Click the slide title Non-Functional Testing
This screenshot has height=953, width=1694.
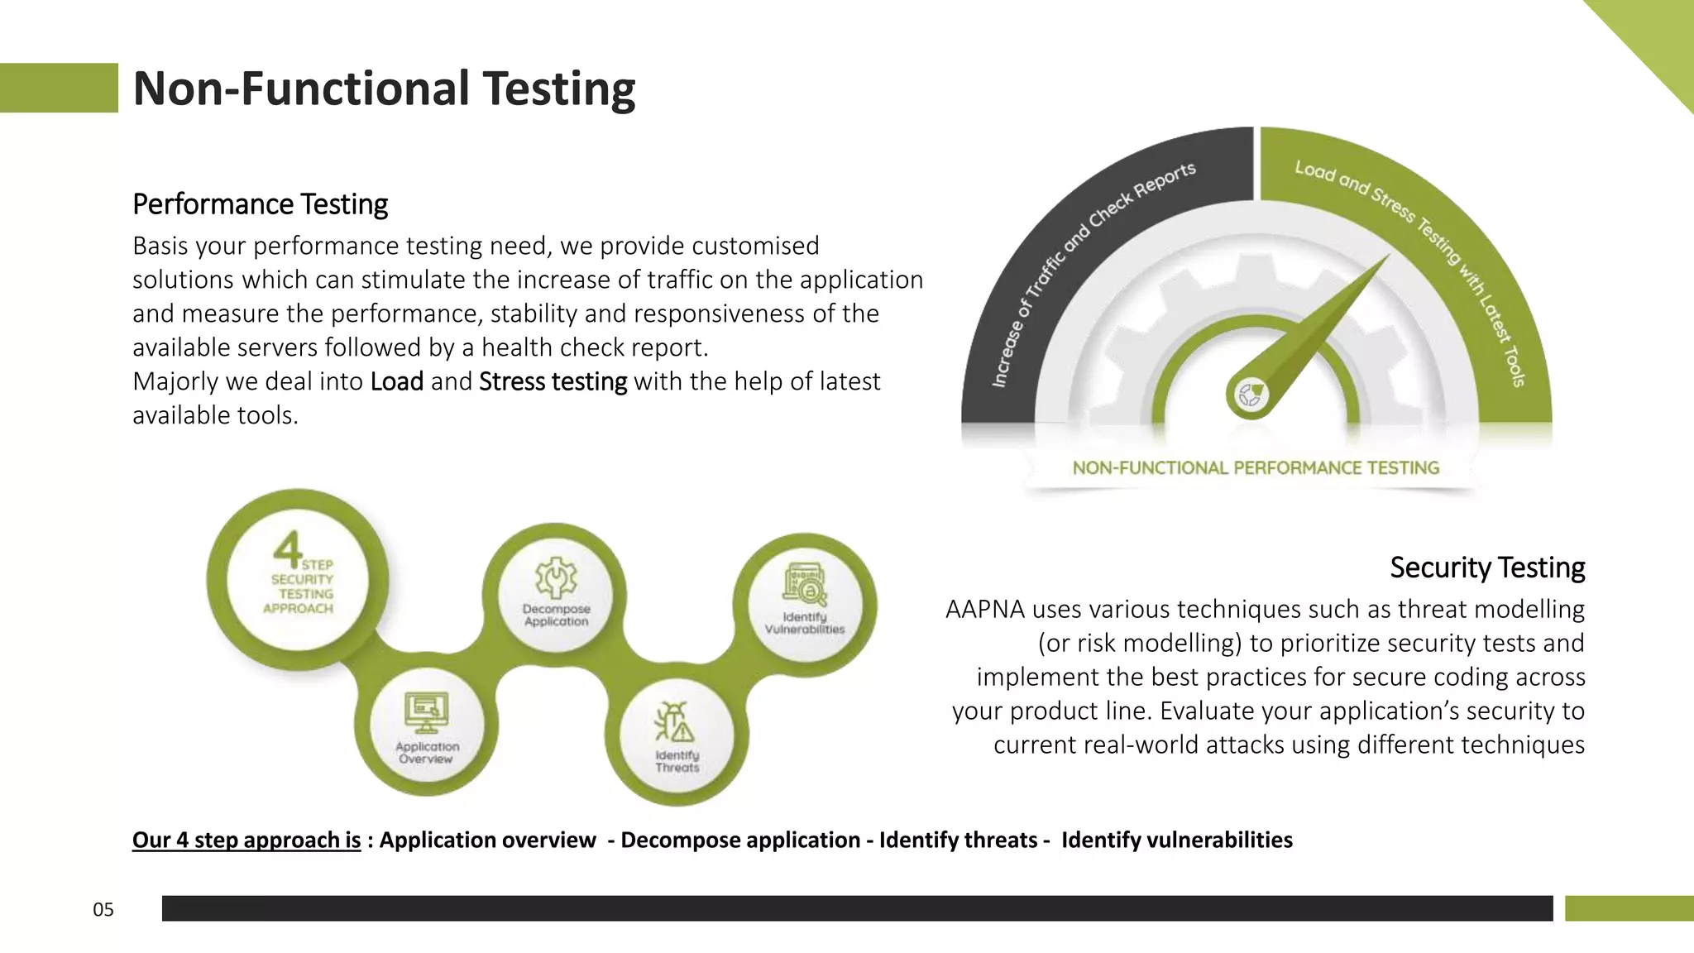384,89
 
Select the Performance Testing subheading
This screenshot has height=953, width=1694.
260,204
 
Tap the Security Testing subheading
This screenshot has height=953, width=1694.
1486,567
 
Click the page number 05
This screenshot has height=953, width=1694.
103,910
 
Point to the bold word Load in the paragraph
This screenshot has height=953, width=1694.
397,381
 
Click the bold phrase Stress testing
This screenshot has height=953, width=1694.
553,381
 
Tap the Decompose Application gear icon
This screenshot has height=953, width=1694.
556,577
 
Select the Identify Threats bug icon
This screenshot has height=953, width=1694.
675,723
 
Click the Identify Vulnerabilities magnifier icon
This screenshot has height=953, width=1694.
805,585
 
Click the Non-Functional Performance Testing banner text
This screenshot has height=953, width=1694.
1255,468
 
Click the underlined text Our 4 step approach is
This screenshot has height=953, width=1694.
246,840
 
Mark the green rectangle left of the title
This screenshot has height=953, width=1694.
58,88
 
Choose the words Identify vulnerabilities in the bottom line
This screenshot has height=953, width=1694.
1176,840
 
